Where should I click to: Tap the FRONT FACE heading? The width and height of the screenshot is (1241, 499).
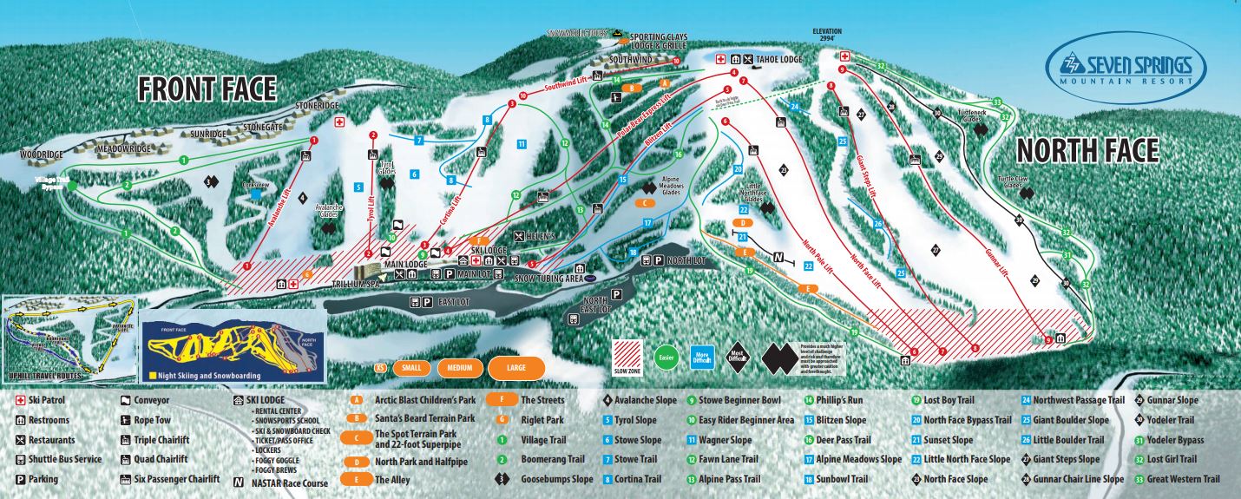click(x=207, y=89)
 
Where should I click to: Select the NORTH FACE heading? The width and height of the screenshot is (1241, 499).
click(x=1087, y=150)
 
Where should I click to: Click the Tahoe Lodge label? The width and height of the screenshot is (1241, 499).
click(x=778, y=59)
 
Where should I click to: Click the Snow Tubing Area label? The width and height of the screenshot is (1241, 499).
click(x=548, y=278)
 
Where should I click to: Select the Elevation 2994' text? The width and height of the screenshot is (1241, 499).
click(x=827, y=36)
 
